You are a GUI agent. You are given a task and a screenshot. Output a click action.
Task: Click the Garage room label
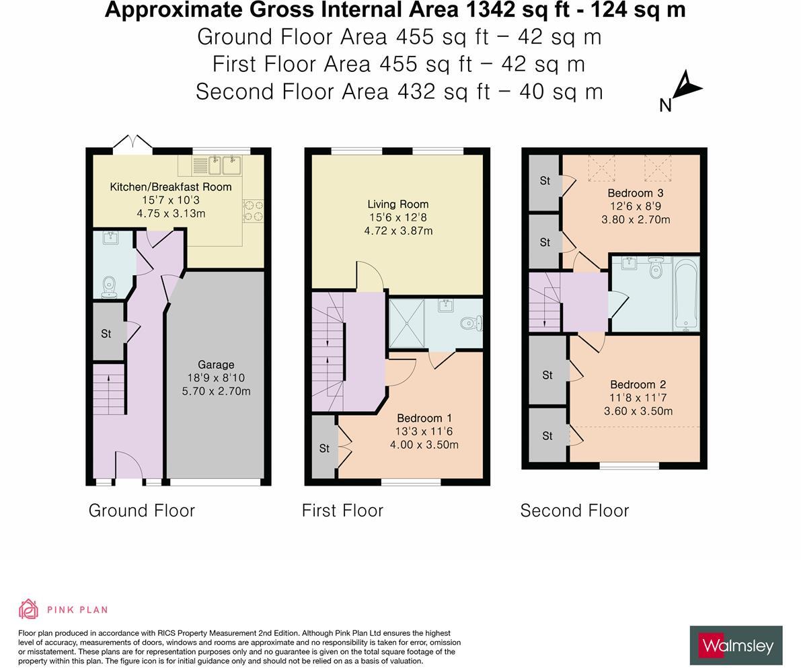[216, 365]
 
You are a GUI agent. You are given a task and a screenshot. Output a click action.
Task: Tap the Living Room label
[398, 204]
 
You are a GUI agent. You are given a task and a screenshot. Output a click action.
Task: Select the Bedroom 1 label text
[424, 418]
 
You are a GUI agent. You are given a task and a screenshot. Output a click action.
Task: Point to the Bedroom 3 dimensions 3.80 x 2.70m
[636, 220]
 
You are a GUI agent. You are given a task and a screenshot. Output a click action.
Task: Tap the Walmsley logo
[736, 645]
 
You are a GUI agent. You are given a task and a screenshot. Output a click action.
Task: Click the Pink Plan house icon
[29, 609]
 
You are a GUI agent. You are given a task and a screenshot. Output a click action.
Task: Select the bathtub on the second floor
[686, 293]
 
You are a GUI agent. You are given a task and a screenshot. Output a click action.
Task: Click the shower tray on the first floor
[407, 324]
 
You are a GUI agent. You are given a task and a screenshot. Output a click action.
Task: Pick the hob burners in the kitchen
[254, 211]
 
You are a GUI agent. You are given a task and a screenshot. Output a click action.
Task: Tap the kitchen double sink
[225, 165]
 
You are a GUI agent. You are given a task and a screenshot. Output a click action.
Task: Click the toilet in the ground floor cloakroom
[109, 287]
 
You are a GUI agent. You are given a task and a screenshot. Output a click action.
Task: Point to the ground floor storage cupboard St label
[106, 334]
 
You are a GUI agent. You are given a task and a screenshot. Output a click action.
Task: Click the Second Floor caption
[574, 510]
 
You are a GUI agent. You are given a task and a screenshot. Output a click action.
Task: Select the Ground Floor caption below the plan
[141, 510]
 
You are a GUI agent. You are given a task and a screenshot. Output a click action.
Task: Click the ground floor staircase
[109, 389]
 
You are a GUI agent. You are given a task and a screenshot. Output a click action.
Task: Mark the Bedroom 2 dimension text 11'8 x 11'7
[638, 398]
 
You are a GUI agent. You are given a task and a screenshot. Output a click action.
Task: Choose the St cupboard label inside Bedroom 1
[324, 448]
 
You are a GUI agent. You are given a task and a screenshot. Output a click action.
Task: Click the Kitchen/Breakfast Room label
[171, 187]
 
